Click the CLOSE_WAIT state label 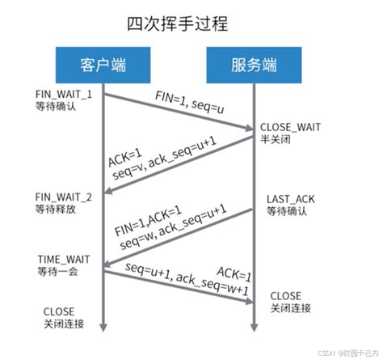(x=292, y=129)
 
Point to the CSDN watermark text (x=323, y=353)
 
